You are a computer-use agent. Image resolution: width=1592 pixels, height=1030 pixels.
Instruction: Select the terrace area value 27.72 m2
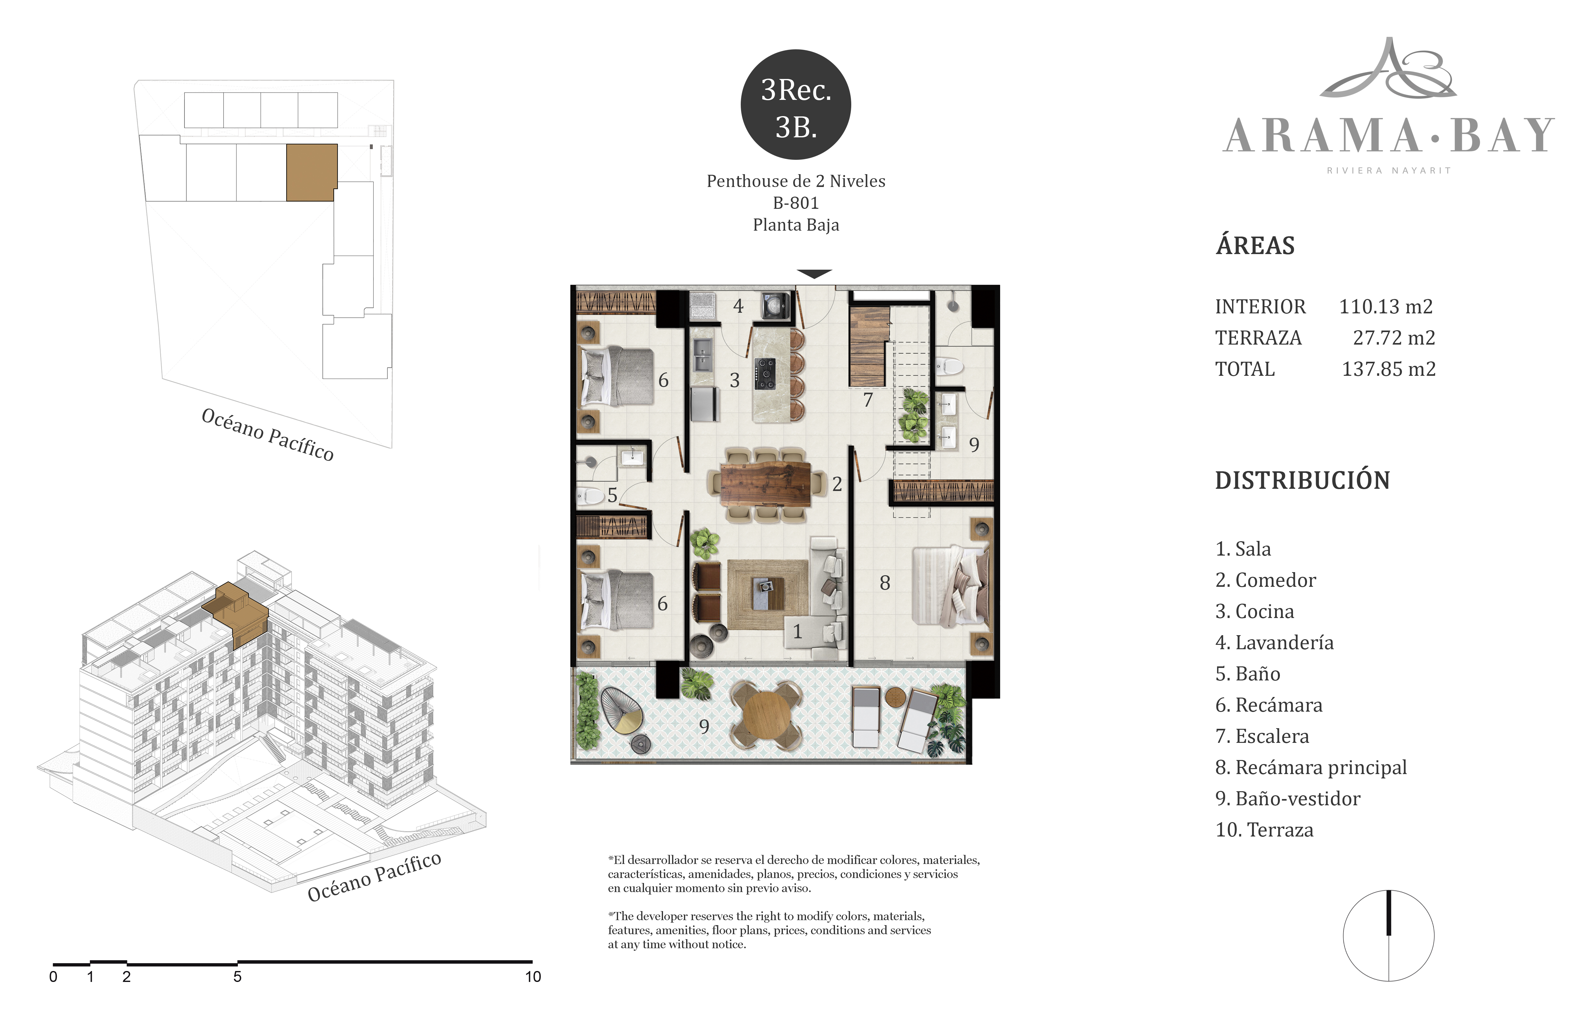click(1394, 338)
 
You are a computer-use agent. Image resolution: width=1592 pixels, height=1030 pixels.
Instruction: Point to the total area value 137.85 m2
click(1389, 369)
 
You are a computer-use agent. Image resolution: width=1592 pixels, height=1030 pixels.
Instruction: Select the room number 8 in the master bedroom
click(885, 583)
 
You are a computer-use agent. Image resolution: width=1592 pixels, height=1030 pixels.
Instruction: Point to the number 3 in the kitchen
click(735, 380)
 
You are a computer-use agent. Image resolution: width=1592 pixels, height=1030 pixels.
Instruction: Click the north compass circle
click(1389, 936)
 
